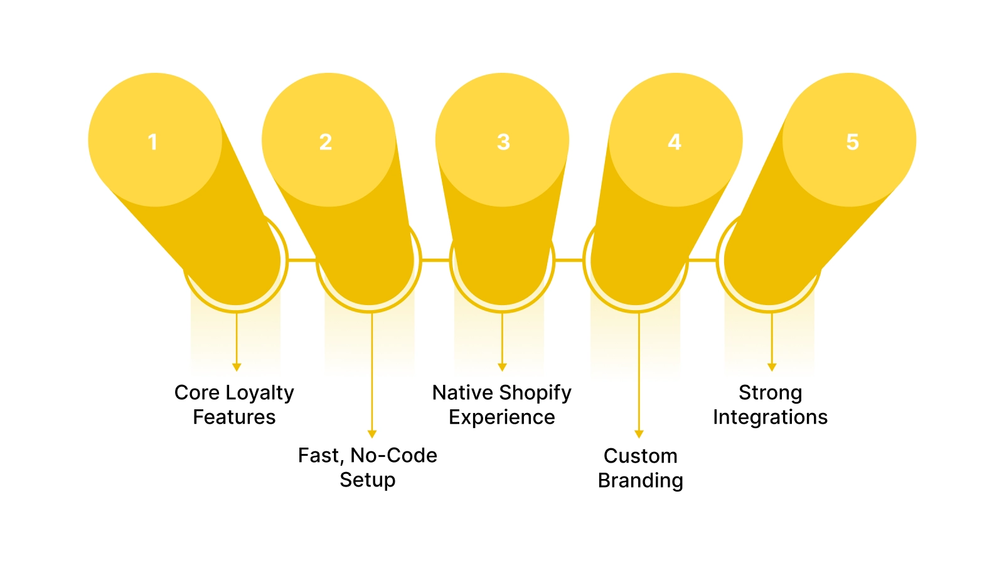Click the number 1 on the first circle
click(x=152, y=142)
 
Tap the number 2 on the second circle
click(x=326, y=142)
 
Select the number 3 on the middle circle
click(x=503, y=142)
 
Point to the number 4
click(x=675, y=142)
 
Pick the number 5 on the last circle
click(x=852, y=142)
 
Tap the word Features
click(x=234, y=417)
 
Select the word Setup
click(x=368, y=480)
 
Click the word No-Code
click(x=393, y=455)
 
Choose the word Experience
click(x=502, y=417)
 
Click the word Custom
click(x=640, y=456)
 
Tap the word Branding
click(x=640, y=481)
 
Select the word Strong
click(x=770, y=393)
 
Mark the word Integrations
click(x=770, y=417)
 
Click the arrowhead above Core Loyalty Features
click(x=237, y=367)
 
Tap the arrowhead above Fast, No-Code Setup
click(x=372, y=434)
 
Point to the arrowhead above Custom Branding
click(x=639, y=434)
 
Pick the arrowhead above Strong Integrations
click(x=772, y=367)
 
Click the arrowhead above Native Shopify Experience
click(x=502, y=367)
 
